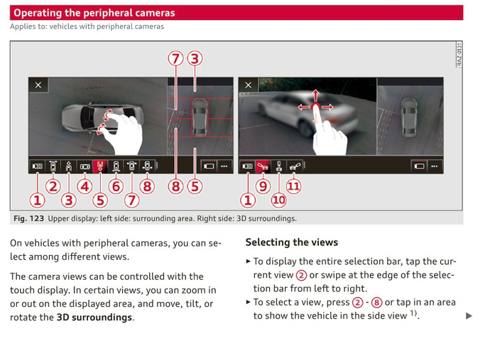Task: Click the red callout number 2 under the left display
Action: [x=53, y=187]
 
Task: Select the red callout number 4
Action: [x=85, y=187]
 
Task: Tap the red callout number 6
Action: [x=116, y=187]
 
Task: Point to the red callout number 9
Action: [x=263, y=187]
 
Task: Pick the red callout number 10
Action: [x=279, y=200]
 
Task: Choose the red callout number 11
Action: [x=294, y=187]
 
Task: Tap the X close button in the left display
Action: [x=38, y=85]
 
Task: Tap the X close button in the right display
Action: [x=248, y=85]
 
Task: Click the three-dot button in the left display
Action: [x=224, y=166]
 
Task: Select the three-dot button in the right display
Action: [x=434, y=166]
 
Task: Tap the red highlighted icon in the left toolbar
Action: [x=100, y=166]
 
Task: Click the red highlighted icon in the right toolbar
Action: [x=263, y=166]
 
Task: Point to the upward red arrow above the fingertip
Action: [x=315, y=95]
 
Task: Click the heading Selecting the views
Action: [x=291, y=243]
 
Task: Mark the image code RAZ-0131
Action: [x=459, y=55]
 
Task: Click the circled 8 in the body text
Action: [x=376, y=302]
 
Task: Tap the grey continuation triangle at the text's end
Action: [x=469, y=316]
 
